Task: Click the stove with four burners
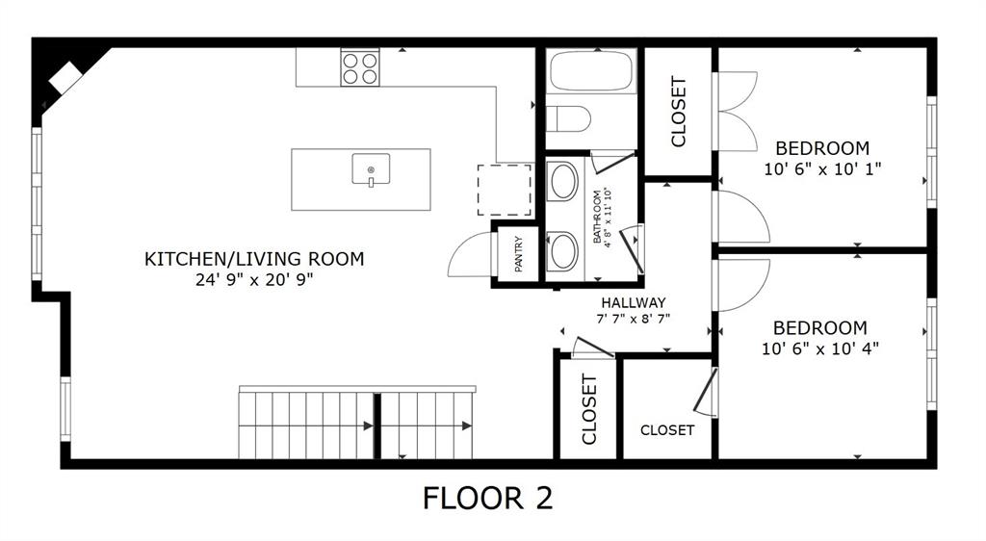coord(359,68)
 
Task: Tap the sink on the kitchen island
coord(371,169)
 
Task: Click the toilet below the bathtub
coord(568,119)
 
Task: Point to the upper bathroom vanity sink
coord(563,181)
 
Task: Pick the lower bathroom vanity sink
coord(563,251)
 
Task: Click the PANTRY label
coord(519,254)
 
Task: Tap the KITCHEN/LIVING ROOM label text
coord(254,258)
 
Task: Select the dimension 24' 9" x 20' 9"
coord(254,280)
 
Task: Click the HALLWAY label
coord(634,302)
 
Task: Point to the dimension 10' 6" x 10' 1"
coord(822,168)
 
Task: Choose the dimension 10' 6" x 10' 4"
coord(819,348)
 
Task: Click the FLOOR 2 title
coord(488,498)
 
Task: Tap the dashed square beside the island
coord(505,190)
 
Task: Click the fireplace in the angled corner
coord(65,77)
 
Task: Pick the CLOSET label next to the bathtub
coord(679,112)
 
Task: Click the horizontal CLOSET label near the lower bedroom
coord(666,430)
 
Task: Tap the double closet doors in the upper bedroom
coord(736,112)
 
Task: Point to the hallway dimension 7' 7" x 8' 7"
coord(634,319)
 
